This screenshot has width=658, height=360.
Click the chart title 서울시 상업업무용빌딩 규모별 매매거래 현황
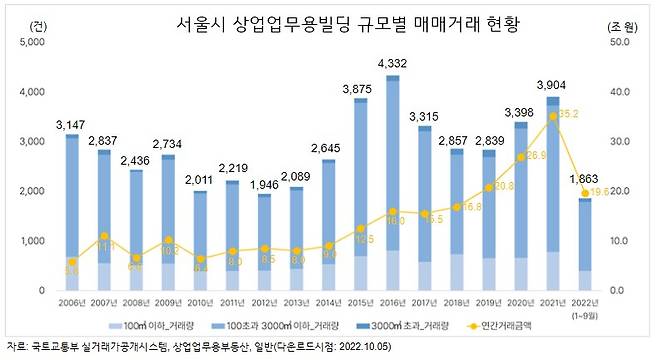click(332, 23)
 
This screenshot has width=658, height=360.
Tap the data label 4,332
click(391, 64)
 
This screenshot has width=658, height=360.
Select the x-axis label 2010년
click(199, 301)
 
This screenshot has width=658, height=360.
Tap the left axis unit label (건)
click(37, 23)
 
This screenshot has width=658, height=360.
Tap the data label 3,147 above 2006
click(71, 124)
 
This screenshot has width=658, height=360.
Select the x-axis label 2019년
click(487, 301)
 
